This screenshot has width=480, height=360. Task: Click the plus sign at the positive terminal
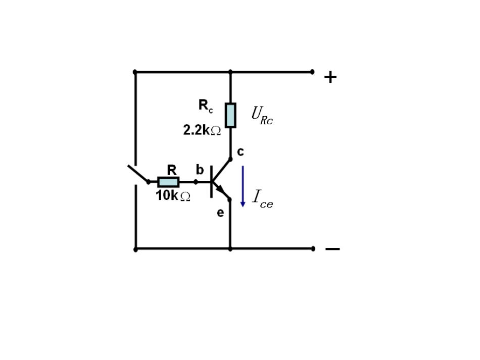tap(330, 77)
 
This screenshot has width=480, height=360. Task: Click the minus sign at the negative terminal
tap(332, 249)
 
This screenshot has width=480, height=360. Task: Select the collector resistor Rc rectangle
tap(230, 115)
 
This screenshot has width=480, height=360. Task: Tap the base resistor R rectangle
tap(168, 182)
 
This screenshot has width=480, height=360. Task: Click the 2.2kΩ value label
tap(202, 130)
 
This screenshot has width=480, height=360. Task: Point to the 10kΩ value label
tap(173, 196)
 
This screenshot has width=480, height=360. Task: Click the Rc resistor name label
tap(206, 106)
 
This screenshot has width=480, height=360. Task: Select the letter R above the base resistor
tap(172, 170)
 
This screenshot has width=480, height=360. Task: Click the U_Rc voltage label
tap(262, 115)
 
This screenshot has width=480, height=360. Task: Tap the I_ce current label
tap(263, 199)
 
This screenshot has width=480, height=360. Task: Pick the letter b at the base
tap(200, 170)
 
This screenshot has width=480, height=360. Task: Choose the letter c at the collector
tap(241, 151)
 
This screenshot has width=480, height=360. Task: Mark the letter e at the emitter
tap(220, 213)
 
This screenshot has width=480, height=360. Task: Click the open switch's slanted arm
tap(138, 174)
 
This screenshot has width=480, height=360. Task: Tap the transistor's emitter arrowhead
tap(221, 190)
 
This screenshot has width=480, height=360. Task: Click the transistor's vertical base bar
tap(211, 182)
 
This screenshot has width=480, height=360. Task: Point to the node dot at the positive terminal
tap(312, 72)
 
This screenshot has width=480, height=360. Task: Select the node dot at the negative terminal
tap(313, 248)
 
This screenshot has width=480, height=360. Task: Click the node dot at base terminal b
tap(196, 182)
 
